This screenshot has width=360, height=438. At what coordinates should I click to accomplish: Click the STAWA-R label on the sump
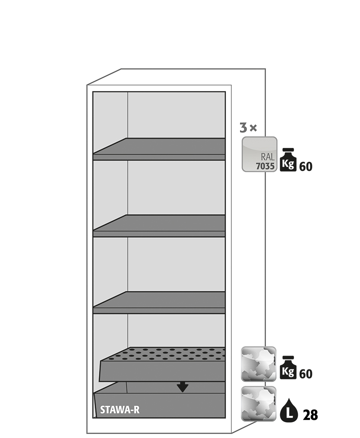[x=120, y=410]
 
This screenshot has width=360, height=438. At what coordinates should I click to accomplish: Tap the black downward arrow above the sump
[x=182, y=387]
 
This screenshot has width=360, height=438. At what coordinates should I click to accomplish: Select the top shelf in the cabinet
[x=159, y=149]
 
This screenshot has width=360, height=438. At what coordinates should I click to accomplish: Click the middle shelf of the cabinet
[x=159, y=226]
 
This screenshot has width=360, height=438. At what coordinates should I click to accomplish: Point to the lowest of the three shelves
[x=159, y=303]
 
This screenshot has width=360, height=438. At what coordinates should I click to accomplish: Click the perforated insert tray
[x=162, y=364]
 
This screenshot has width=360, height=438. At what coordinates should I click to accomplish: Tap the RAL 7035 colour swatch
[x=259, y=154]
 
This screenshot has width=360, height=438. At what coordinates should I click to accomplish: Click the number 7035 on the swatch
[x=265, y=166]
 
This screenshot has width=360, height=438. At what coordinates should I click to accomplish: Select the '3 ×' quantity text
[x=248, y=128]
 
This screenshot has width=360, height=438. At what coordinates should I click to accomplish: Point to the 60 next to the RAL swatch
[x=306, y=167]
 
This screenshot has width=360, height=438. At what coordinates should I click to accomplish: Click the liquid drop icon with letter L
[x=289, y=410]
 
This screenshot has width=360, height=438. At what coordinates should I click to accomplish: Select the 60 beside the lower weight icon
[x=306, y=374]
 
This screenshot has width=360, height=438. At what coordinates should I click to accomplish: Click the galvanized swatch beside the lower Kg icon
[x=259, y=364]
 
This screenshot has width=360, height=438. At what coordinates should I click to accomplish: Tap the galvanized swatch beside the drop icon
[x=259, y=403]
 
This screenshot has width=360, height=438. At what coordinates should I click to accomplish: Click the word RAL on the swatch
[x=268, y=157]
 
